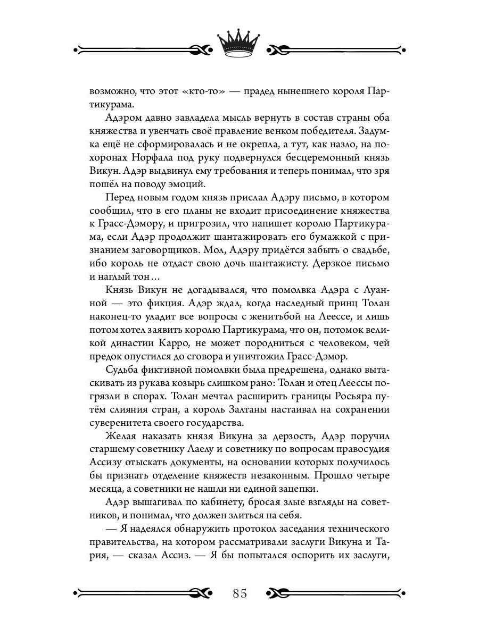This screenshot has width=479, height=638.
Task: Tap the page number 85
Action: [x=239, y=592]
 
